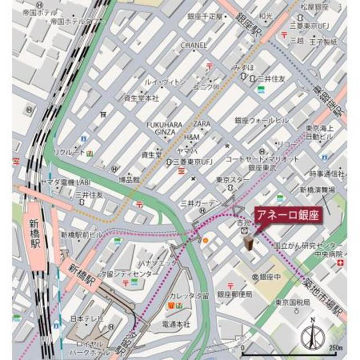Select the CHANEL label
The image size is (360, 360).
click(x=194, y=45)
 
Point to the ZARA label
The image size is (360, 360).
click(x=201, y=123)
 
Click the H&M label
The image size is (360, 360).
click(x=192, y=137)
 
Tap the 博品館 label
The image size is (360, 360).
click(x=128, y=179)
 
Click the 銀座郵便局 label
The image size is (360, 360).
click(x=235, y=294)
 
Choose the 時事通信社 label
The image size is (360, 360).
click(x=327, y=173)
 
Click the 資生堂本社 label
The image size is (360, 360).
click(x=141, y=98)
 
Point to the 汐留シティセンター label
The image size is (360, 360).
click(x=130, y=274)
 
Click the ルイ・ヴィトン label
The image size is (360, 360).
click(x=164, y=82)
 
